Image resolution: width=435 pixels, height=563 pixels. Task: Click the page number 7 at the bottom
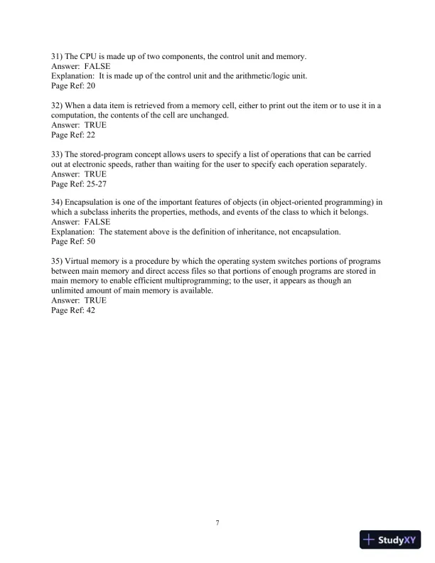tap(217, 524)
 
